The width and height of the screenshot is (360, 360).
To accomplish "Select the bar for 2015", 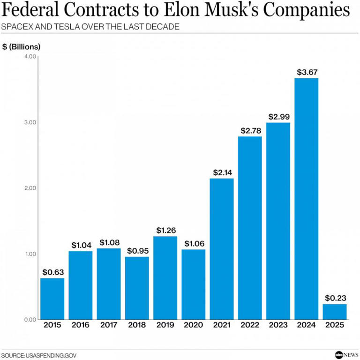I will (52, 298).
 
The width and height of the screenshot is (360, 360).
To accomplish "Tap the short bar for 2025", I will (335, 311).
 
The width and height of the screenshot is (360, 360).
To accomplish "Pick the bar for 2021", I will (222, 248).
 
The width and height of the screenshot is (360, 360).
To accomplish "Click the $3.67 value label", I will (307, 72).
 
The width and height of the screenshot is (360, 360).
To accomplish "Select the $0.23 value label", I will (335, 298).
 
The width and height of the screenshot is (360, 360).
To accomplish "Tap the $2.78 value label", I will (250, 131).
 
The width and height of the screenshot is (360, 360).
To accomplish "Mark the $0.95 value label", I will (137, 251).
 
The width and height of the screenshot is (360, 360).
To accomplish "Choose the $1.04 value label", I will (81, 245).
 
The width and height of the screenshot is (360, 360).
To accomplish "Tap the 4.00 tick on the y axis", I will (30, 57).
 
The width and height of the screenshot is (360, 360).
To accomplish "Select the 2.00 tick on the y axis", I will (30, 188).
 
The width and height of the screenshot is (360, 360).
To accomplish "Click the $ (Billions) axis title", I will (22, 46).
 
